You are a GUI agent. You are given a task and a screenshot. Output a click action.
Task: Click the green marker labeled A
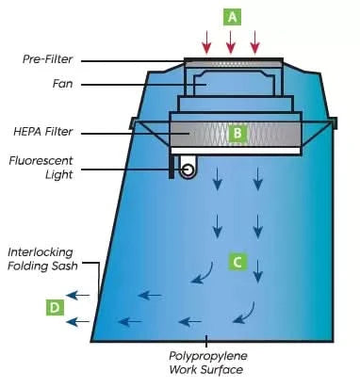[231, 16]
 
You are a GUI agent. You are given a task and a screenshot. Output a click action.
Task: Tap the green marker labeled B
[237, 134]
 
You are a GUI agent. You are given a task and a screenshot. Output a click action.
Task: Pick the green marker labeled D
[56, 306]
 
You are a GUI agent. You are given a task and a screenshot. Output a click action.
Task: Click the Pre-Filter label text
[48, 59]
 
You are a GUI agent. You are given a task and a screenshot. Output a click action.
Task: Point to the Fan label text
[62, 83]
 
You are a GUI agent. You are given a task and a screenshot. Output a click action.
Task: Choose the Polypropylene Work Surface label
[205, 364]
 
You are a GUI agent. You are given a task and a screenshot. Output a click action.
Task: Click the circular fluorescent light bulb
[188, 170]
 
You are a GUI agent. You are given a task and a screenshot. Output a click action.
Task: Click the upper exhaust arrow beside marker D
[81, 296]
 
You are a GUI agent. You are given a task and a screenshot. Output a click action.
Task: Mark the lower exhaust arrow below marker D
[81, 321]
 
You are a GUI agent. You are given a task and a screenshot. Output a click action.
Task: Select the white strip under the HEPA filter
[235, 151]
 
